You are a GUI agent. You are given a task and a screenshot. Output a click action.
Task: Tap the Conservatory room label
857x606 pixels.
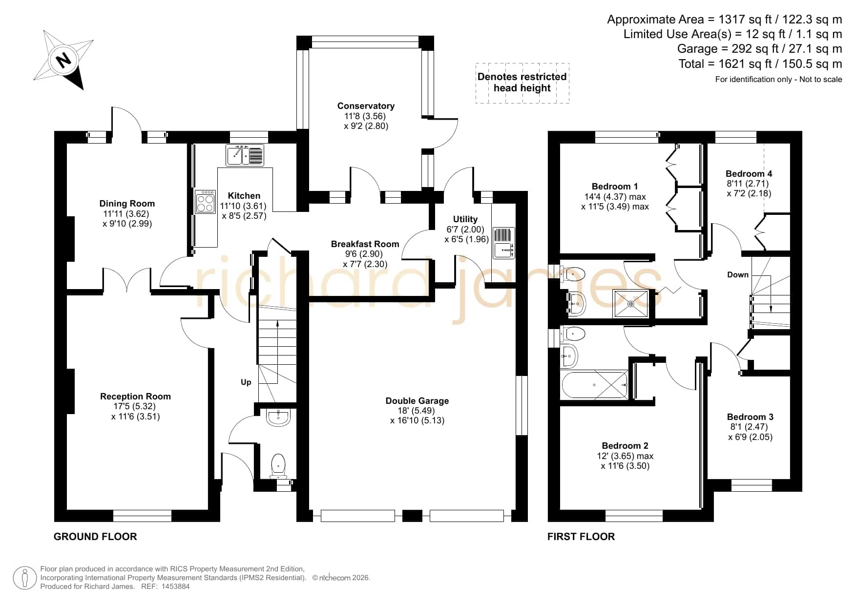tap(366, 106)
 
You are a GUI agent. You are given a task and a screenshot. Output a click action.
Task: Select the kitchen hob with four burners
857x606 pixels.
tap(206, 202)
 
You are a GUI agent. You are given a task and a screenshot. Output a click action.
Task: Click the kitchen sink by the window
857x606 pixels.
tap(245, 155)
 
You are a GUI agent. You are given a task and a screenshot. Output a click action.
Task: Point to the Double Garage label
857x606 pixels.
tap(417, 401)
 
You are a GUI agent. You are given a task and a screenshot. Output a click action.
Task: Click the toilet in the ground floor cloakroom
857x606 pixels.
tap(278, 466)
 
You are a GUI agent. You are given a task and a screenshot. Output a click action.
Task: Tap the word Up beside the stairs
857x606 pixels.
tap(246, 382)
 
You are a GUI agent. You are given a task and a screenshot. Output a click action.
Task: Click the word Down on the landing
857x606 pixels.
tap(738, 275)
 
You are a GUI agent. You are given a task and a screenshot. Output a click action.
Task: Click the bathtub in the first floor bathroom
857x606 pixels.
tap(595, 385)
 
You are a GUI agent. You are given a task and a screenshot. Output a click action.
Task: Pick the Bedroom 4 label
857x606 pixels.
tap(749, 174)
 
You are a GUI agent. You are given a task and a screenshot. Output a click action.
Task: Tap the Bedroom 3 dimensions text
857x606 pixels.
tap(750, 432)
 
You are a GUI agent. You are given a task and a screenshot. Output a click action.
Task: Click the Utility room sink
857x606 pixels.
tap(504, 243)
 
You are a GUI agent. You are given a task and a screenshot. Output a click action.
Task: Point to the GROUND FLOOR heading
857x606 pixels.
tap(95, 537)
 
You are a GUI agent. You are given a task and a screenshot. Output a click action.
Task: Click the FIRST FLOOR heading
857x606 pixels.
tap(581, 537)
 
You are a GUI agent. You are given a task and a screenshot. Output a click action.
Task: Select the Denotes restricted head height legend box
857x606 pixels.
tap(523, 83)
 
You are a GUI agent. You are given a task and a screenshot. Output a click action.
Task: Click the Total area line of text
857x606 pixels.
tap(760, 64)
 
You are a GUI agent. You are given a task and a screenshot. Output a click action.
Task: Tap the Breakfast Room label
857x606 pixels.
tap(365, 244)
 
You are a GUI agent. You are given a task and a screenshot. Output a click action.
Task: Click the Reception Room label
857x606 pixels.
tap(135, 397)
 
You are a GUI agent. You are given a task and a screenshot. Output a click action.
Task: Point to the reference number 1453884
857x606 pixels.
tap(175, 586)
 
